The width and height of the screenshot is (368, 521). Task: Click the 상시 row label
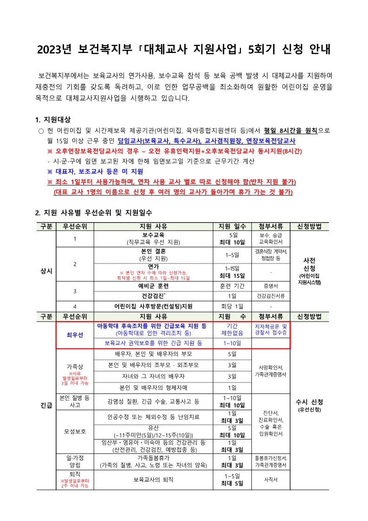click(46, 270)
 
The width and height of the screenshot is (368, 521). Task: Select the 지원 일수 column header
click(232, 227)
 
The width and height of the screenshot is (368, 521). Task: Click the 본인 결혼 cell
click(154, 251)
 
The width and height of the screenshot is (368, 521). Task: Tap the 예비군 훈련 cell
click(154, 286)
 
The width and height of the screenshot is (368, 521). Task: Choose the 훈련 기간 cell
click(232, 286)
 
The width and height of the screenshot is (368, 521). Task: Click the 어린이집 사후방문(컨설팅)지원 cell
click(154, 306)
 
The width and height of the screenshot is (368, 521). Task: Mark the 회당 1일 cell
click(232, 306)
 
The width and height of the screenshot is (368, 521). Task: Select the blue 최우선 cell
click(75, 335)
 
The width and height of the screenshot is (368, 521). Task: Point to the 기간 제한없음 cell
click(232, 330)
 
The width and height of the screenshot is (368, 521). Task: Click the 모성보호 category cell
click(75, 431)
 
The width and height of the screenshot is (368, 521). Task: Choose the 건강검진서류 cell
click(271, 296)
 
